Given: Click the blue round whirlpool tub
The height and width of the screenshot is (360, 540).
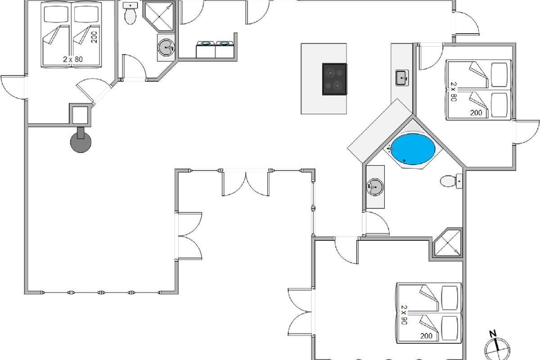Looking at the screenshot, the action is (x=413, y=149).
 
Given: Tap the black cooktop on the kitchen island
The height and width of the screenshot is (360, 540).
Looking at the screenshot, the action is (x=335, y=79).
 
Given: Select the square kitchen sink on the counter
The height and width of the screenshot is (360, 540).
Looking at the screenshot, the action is (x=402, y=78).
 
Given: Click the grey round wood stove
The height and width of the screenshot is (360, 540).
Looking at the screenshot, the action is (x=81, y=142).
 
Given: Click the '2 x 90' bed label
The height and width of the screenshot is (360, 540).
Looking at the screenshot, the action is (x=404, y=315).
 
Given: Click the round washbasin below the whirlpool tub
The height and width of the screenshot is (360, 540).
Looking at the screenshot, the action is (x=375, y=187).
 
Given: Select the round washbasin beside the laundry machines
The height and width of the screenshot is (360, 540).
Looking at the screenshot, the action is (x=166, y=48).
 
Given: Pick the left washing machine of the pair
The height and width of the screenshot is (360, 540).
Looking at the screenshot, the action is (x=206, y=49).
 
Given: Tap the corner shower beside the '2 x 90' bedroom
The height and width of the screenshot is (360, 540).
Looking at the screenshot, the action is (x=448, y=243).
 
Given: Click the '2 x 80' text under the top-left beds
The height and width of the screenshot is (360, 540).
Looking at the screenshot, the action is (x=73, y=59).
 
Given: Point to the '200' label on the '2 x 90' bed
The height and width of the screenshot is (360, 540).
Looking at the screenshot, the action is (x=426, y=336).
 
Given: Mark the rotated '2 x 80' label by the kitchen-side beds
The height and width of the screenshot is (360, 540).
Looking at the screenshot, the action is (x=454, y=92).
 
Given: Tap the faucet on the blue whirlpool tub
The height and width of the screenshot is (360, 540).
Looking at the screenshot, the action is (x=389, y=148).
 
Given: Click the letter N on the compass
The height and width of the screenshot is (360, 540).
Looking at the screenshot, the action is (x=493, y=334).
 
